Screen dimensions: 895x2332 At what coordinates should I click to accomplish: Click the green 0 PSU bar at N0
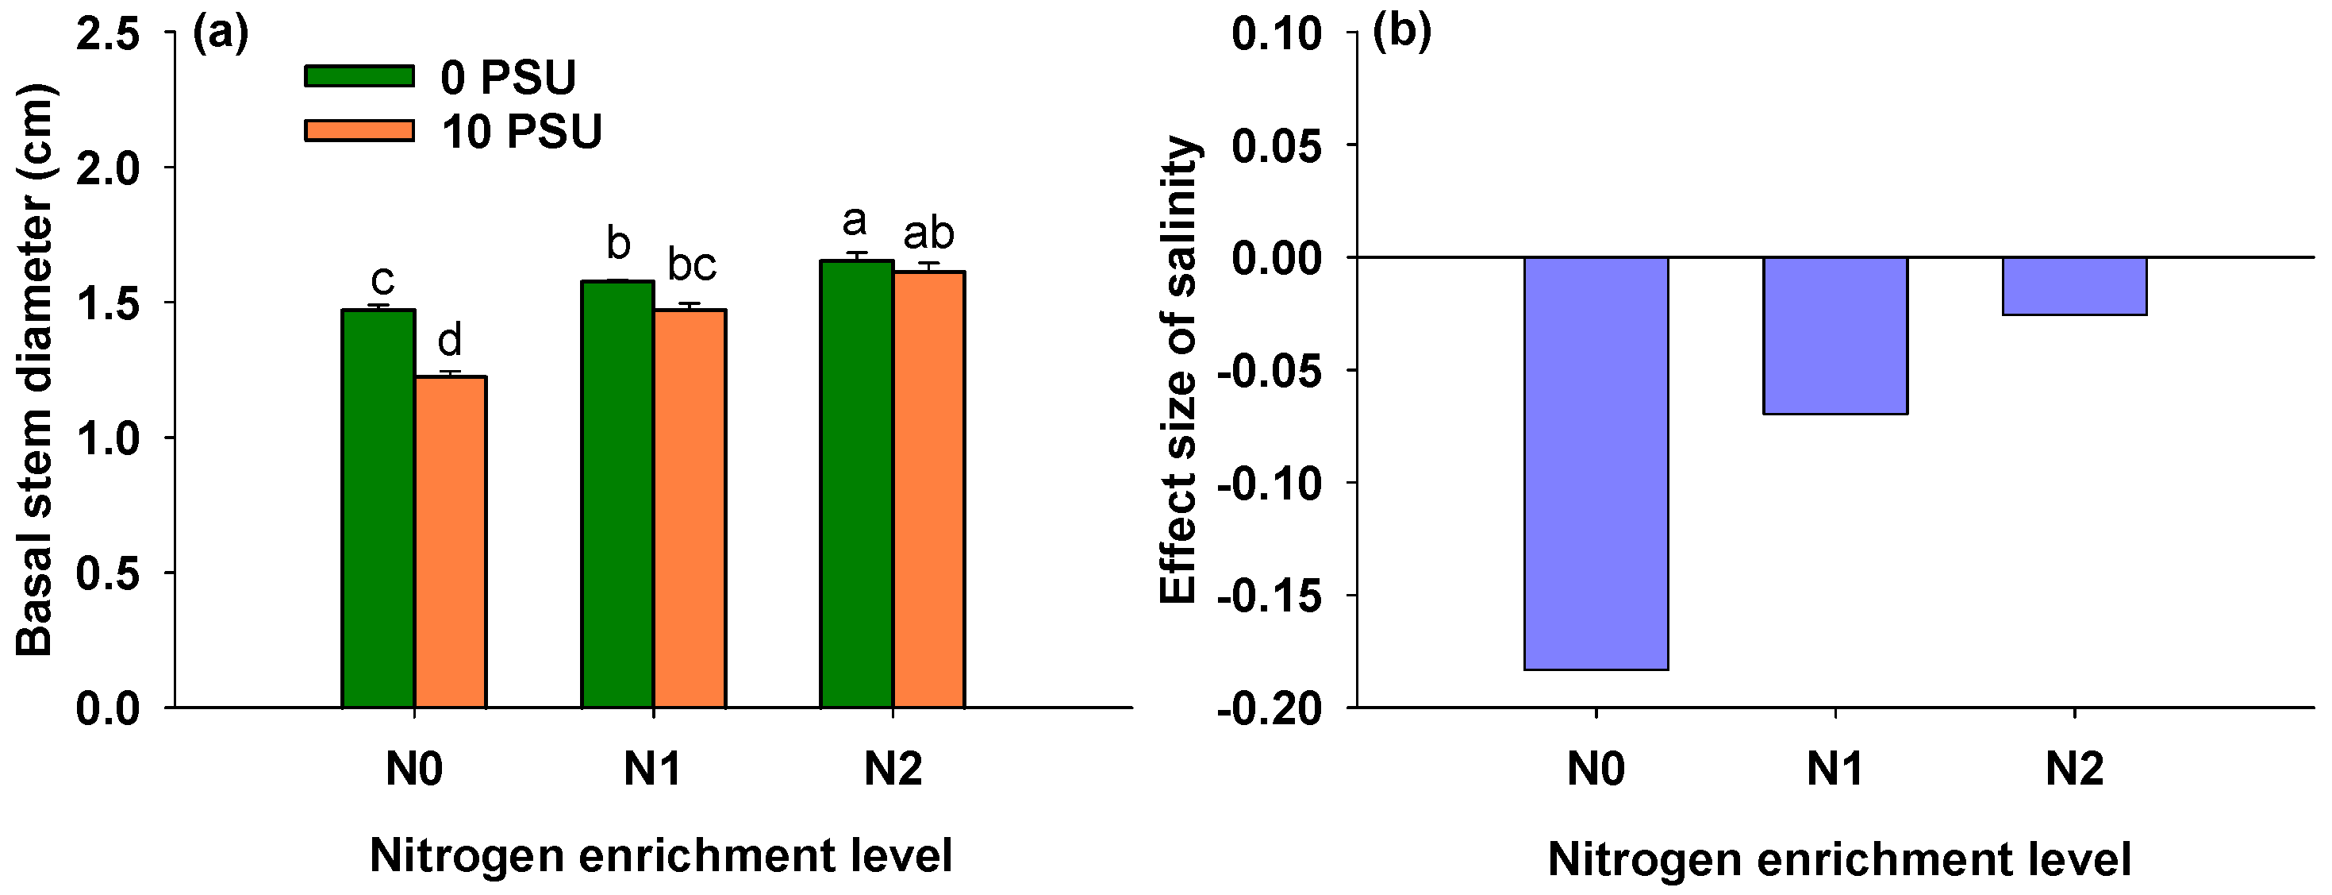coord(378,509)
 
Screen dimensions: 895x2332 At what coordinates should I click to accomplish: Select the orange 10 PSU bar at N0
coord(450,542)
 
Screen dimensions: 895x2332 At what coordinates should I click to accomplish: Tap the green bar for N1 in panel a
coord(617,495)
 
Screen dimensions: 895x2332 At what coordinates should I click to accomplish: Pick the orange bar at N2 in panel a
coord(929,489)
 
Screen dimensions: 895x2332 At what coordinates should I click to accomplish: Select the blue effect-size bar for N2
coord(2074,286)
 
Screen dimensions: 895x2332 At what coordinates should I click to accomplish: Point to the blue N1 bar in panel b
coord(1835,336)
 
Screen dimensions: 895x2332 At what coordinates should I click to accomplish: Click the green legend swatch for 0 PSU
coord(359,76)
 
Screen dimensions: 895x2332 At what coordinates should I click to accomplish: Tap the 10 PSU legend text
coord(521,133)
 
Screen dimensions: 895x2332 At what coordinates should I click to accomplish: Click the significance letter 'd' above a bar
coord(449,341)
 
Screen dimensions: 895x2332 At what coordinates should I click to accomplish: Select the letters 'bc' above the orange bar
coord(692,265)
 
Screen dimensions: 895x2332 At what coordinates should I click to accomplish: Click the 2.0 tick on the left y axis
coord(108,168)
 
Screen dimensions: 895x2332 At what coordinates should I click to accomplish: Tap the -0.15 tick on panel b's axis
coord(1268,596)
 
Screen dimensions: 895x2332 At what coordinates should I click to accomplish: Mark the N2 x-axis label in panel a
coord(893,769)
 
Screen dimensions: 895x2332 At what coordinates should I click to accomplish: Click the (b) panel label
coord(1401,33)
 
